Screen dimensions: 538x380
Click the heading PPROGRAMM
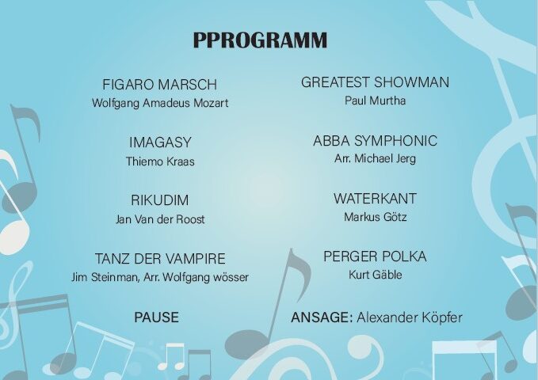point(260,40)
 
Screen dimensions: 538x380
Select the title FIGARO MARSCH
point(160,85)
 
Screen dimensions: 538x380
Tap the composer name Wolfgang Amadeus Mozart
point(160,103)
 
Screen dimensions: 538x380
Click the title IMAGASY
point(160,142)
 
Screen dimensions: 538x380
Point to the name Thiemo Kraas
point(160,161)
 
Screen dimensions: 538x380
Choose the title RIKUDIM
point(160,200)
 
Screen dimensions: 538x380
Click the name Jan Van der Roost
point(160,219)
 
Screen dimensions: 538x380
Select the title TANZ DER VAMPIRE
point(160,258)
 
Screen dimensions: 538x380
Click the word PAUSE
point(156,317)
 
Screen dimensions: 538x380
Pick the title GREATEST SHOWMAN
point(375,82)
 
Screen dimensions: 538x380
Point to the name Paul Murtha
point(375,101)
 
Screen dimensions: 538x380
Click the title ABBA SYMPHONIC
point(375,141)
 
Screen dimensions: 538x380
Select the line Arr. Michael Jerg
point(375,158)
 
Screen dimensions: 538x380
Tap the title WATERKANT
point(375,199)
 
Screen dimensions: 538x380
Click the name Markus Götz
point(375,217)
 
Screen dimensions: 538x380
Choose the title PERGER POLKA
point(375,256)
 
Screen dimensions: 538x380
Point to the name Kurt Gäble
point(375,275)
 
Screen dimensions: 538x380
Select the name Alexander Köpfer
point(410,317)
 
